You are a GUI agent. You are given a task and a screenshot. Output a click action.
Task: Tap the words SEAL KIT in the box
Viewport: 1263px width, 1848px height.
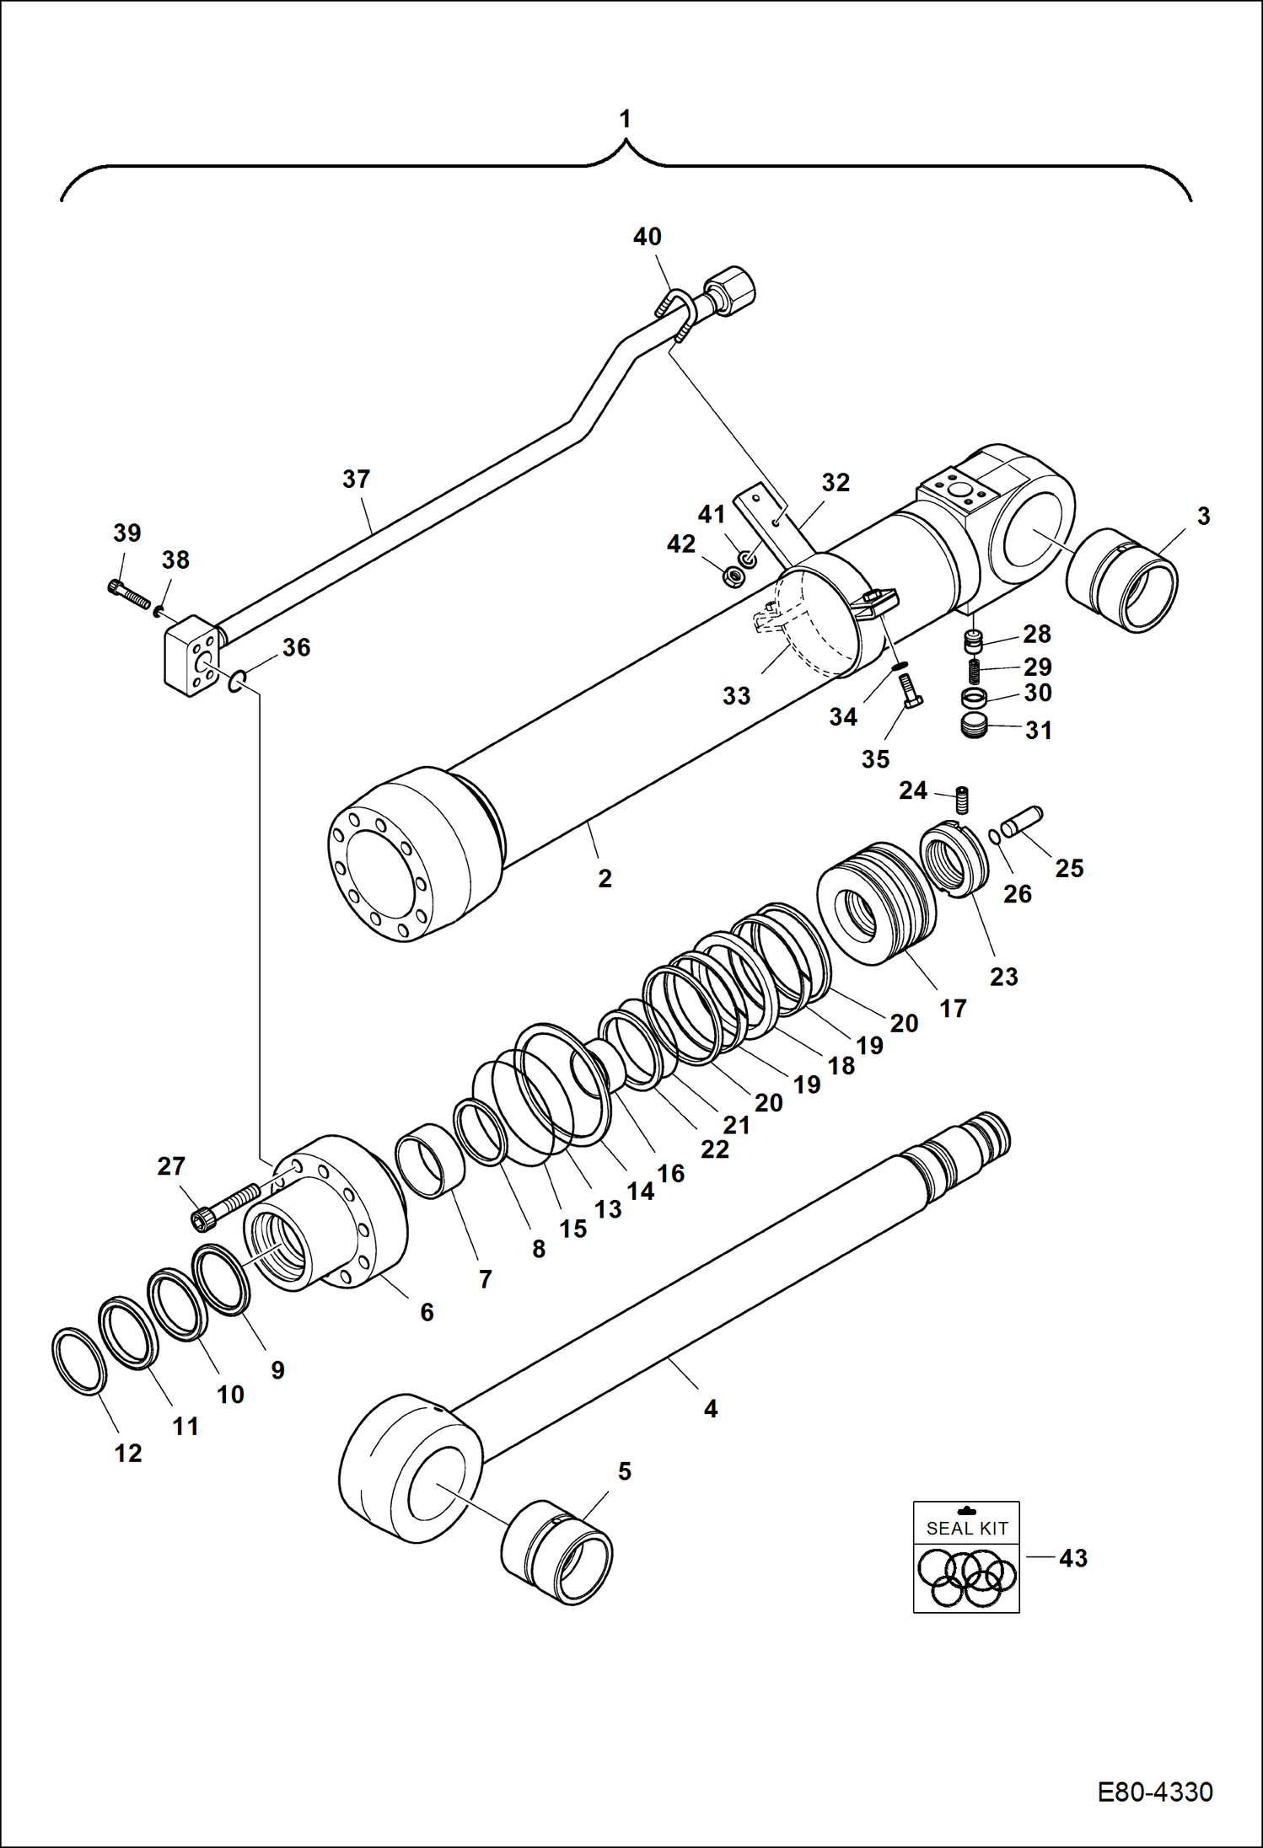(x=966, y=1528)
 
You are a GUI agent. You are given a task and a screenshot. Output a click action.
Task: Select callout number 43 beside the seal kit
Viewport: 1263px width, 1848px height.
(x=1072, y=1558)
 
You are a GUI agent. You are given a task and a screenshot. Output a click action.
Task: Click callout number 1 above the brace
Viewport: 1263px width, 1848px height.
(x=625, y=120)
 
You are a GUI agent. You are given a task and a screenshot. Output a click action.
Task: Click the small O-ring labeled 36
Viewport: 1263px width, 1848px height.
(x=238, y=682)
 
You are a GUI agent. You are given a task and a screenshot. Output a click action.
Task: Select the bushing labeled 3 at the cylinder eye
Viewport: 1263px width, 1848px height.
(x=1122, y=581)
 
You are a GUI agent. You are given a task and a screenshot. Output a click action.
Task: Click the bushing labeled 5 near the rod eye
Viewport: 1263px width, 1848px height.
(x=557, y=1551)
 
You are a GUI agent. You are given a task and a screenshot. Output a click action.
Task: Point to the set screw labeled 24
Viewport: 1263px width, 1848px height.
(x=963, y=799)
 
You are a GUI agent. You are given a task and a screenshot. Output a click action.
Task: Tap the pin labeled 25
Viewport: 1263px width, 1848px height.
(x=1022, y=822)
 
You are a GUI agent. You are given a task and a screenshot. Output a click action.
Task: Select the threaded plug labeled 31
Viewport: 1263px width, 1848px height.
(x=974, y=726)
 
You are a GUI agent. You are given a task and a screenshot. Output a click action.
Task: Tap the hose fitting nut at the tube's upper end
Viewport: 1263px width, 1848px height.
(x=731, y=289)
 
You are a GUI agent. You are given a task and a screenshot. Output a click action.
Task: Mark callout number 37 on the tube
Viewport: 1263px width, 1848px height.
(x=356, y=479)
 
